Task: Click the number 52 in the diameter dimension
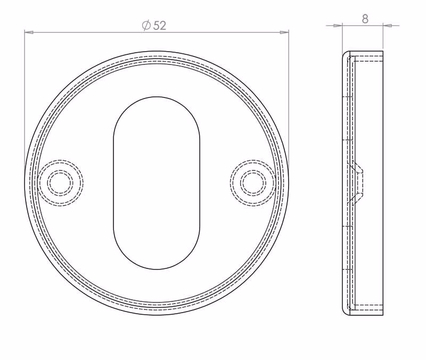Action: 160,26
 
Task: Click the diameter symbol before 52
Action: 146,26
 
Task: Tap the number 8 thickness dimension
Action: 365,19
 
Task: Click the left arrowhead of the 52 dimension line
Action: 29,32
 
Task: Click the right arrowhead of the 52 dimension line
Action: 284,32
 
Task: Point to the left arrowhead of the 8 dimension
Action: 338,26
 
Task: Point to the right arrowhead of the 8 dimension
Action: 388,26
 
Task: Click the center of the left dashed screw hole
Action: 60,183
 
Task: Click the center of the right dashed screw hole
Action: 253,183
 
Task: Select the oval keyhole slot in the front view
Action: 157,183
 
